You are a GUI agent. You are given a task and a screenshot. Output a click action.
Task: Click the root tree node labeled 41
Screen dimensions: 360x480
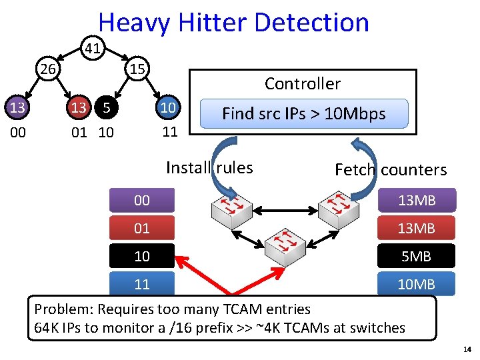point(93,47)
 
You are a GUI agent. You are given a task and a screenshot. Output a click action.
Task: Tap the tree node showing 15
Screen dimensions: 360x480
point(138,69)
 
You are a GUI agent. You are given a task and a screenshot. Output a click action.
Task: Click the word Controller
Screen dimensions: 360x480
point(302,84)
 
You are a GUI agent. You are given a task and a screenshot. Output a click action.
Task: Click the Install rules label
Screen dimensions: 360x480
point(209,167)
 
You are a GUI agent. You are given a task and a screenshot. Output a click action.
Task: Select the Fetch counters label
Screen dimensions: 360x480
point(391,170)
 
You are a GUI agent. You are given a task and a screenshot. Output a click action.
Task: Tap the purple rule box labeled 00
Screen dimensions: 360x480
point(142,201)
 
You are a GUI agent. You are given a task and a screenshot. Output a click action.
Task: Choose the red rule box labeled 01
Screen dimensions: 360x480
point(142,229)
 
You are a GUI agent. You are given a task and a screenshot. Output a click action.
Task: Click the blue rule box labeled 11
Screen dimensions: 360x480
point(142,284)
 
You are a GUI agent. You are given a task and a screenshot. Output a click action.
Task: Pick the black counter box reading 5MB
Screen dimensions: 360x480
point(416,256)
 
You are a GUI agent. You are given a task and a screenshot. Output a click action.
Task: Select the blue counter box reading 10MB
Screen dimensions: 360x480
point(416,285)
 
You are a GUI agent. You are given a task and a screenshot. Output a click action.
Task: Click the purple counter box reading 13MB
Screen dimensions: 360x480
point(416,201)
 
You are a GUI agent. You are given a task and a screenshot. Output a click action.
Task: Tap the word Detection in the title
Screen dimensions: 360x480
point(311,23)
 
